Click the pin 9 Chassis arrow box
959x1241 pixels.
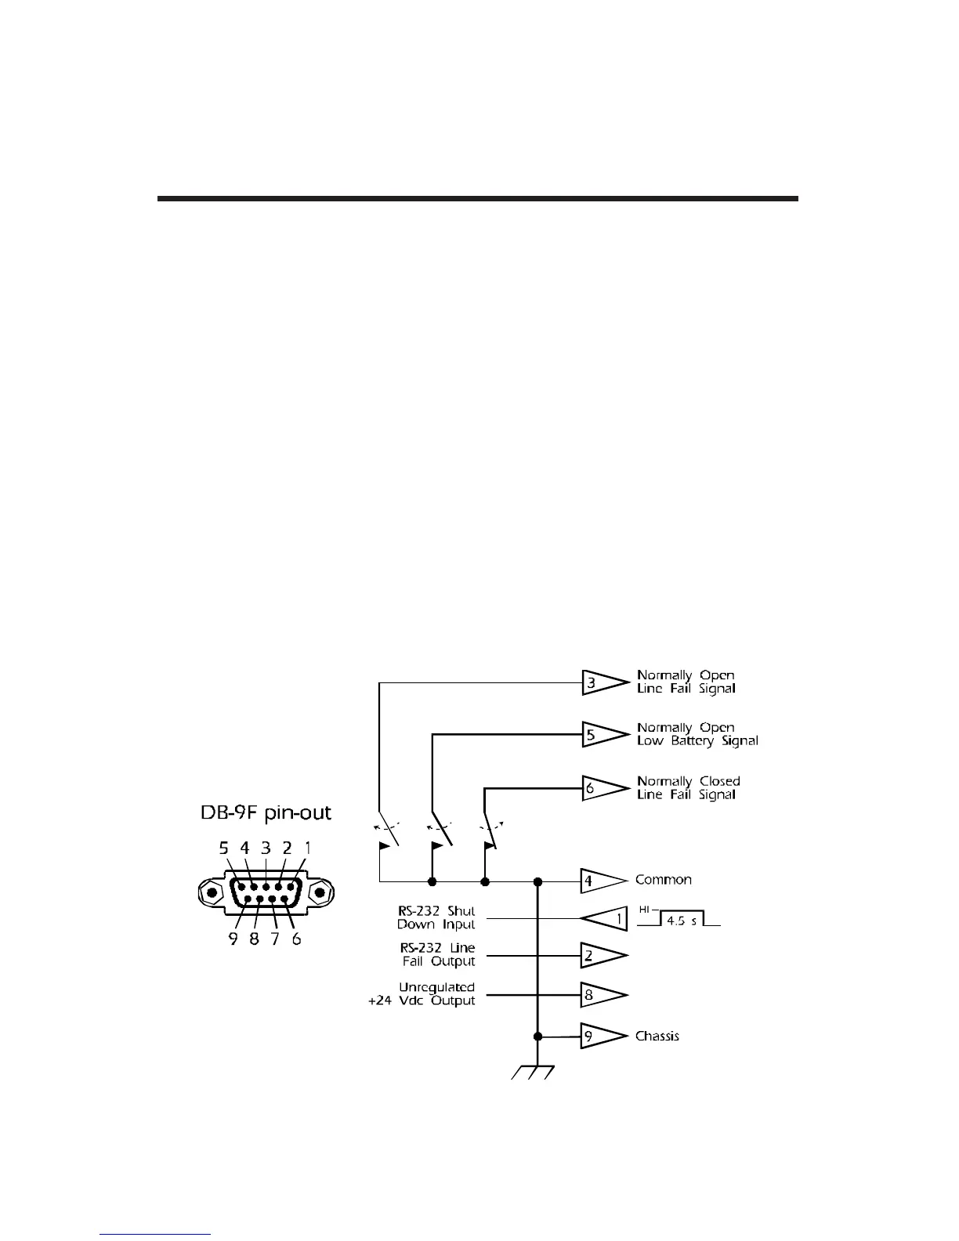tap(600, 1036)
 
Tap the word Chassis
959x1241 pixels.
tap(657, 1036)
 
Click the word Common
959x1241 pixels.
tap(663, 880)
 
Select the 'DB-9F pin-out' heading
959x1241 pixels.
tap(266, 813)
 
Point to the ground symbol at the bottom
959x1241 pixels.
tap(533, 1071)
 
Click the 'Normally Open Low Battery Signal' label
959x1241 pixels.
tap(697, 734)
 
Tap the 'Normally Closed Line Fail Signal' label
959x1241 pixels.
tap(688, 787)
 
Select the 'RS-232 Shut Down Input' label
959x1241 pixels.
tap(436, 918)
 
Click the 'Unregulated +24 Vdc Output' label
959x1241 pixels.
tap(424, 994)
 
